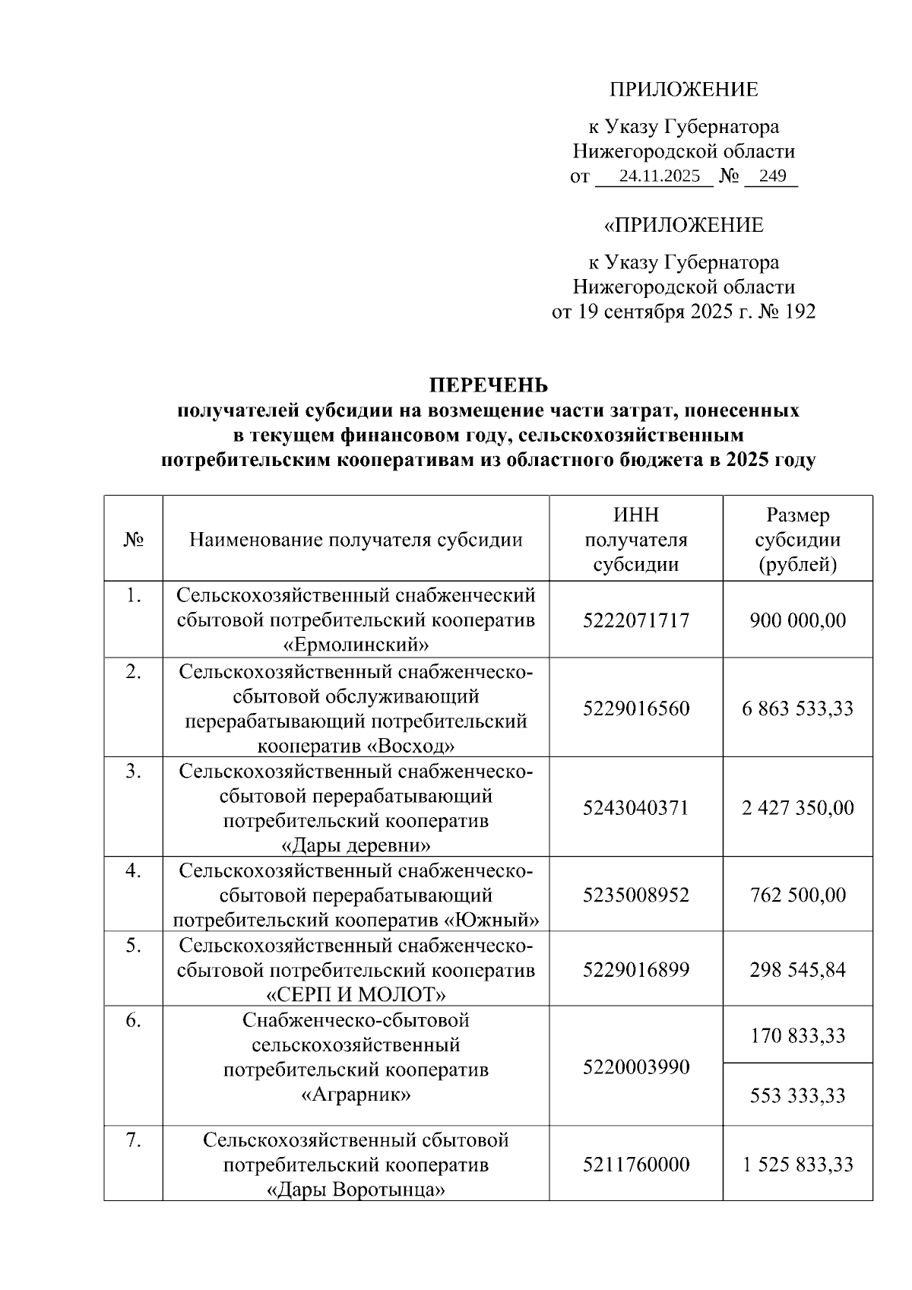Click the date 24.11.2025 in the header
pos(659,177)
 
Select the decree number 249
pos(772,177)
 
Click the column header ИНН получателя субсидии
pos(635,540)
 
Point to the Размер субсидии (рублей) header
pos(797,540)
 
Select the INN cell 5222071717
pos(635,620)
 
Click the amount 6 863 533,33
pos(797,708)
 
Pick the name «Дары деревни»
pos(356,845)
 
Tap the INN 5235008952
pos(635,895)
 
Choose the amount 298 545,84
pos(797,970)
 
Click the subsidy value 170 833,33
pos(797,1035)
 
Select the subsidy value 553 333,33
pos(797,1095)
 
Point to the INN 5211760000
pos(635,1164)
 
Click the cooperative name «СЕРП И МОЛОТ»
pos(356,994)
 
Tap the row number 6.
pos(133,1021)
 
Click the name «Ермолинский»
pos(356,645)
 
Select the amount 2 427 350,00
pos(797,807)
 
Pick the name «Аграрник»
pos(356,1095)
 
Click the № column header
pos(133,540)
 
